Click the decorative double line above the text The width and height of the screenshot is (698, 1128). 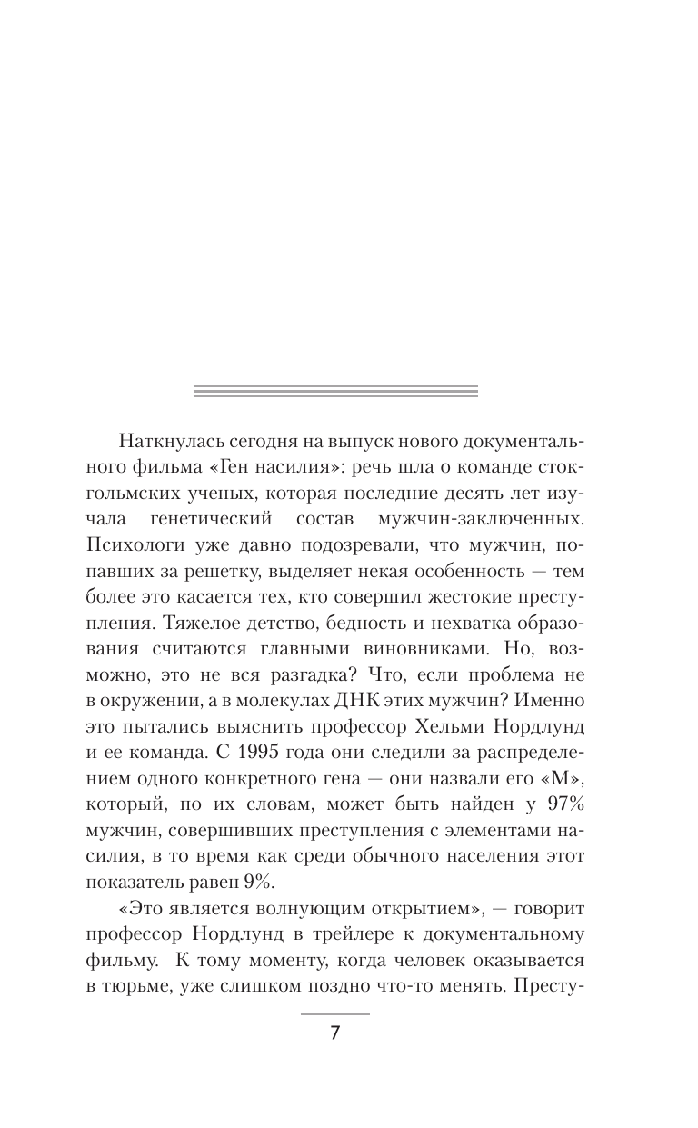pos(336,391)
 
